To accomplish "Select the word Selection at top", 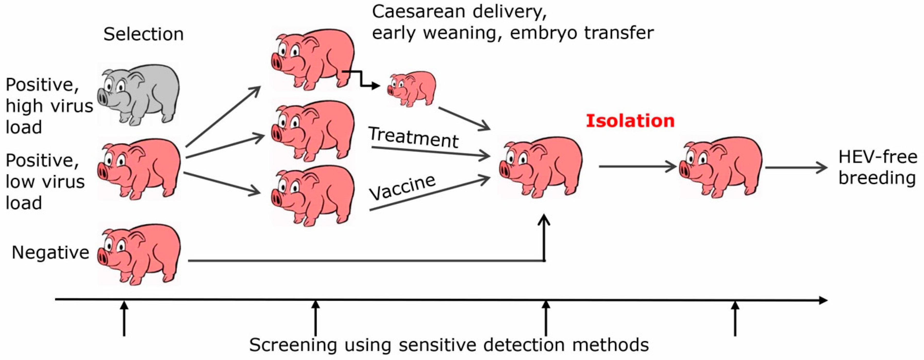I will (x=144, y=35).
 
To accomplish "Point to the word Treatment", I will (x=414, y=137).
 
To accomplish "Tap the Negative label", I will (x=50, y=253).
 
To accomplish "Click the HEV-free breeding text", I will (x=877, y=168).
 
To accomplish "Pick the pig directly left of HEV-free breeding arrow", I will (x=721, y=167).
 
